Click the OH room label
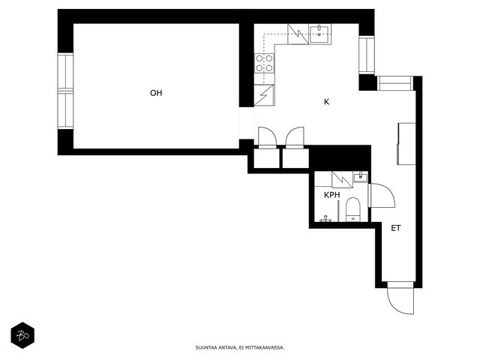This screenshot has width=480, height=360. [156, 93]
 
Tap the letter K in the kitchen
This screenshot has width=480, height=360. [327, 102]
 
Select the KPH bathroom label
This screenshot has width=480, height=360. [331, 195]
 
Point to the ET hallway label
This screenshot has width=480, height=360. [396, 228]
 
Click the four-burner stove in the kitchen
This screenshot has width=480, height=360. [265, 63]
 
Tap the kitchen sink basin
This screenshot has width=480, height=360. [319, 34]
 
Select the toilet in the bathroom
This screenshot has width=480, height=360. [353, 210]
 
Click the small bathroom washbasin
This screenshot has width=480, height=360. [361, 177]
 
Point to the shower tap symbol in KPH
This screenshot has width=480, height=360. [325, 218]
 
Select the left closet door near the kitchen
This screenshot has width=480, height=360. [267, 137]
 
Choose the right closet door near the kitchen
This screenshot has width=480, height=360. [295, 137]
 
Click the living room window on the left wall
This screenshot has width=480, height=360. [65, 91]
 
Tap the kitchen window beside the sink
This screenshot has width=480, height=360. [367, 55]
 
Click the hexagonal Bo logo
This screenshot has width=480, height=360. [22, 335]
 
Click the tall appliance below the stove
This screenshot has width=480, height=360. [265, 95]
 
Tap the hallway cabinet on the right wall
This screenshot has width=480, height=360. [406, 144]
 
